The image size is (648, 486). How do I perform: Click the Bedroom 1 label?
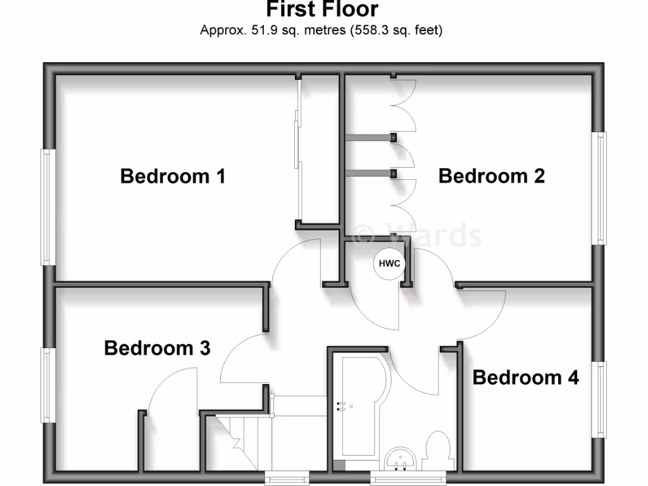coord(172,176)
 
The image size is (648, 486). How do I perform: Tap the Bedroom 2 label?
coord(491,176)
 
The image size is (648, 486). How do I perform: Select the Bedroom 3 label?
coord(157,348)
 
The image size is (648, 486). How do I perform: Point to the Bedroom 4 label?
coord(525,378)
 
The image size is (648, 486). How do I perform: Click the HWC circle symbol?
coord(389,264)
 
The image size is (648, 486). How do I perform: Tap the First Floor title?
coord(321,9)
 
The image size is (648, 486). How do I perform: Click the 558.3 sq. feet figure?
coord(396,30)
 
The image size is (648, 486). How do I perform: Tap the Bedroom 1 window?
coord(46,207)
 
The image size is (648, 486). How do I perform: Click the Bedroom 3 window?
coord(46,385)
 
